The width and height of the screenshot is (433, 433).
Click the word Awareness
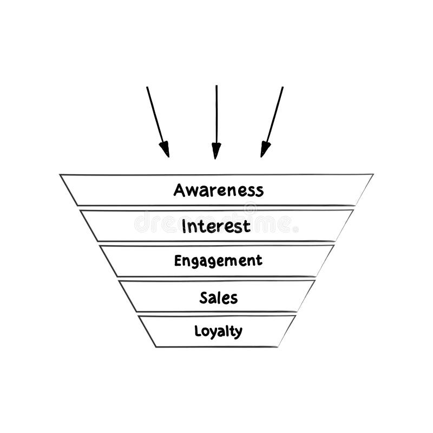pos(218,191)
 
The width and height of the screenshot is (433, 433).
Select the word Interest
pos(216,225)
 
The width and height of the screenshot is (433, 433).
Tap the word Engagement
pos(218,261)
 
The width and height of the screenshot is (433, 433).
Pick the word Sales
pos(218,297)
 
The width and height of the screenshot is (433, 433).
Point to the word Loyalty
pos(218,331)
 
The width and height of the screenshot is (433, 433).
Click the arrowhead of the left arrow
pos(165,149)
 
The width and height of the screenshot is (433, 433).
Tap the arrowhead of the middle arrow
pos(216,151)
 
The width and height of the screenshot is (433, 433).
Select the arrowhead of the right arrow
pos(264,149)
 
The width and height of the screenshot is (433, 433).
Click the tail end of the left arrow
pos(147,88)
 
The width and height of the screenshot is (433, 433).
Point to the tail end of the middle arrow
pos(216,86)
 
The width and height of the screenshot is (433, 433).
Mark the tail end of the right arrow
pos(283,88)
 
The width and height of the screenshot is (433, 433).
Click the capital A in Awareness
pos(180,190)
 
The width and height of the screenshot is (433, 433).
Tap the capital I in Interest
pos(185,225)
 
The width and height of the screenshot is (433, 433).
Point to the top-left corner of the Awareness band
pos(60,175)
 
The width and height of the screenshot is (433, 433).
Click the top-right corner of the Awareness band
pos(373,174)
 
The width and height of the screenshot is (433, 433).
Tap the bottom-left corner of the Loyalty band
pos(156,346)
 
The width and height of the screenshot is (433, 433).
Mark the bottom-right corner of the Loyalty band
pos(278,346)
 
